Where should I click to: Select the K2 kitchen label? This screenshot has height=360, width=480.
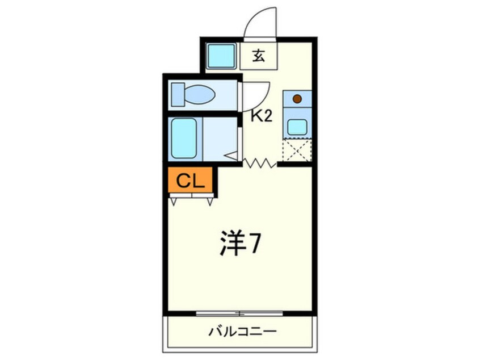click(x=262, y=116)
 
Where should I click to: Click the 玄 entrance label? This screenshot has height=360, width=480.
click(x=259, y=56)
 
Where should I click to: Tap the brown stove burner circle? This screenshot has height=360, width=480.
click(x=297, y=99)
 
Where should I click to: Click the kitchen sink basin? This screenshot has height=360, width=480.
click(x=297, y=125)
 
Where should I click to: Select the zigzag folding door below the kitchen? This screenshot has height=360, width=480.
click(x=260, y=164)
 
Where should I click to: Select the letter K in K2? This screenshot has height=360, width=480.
click(x=257, y=116)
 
